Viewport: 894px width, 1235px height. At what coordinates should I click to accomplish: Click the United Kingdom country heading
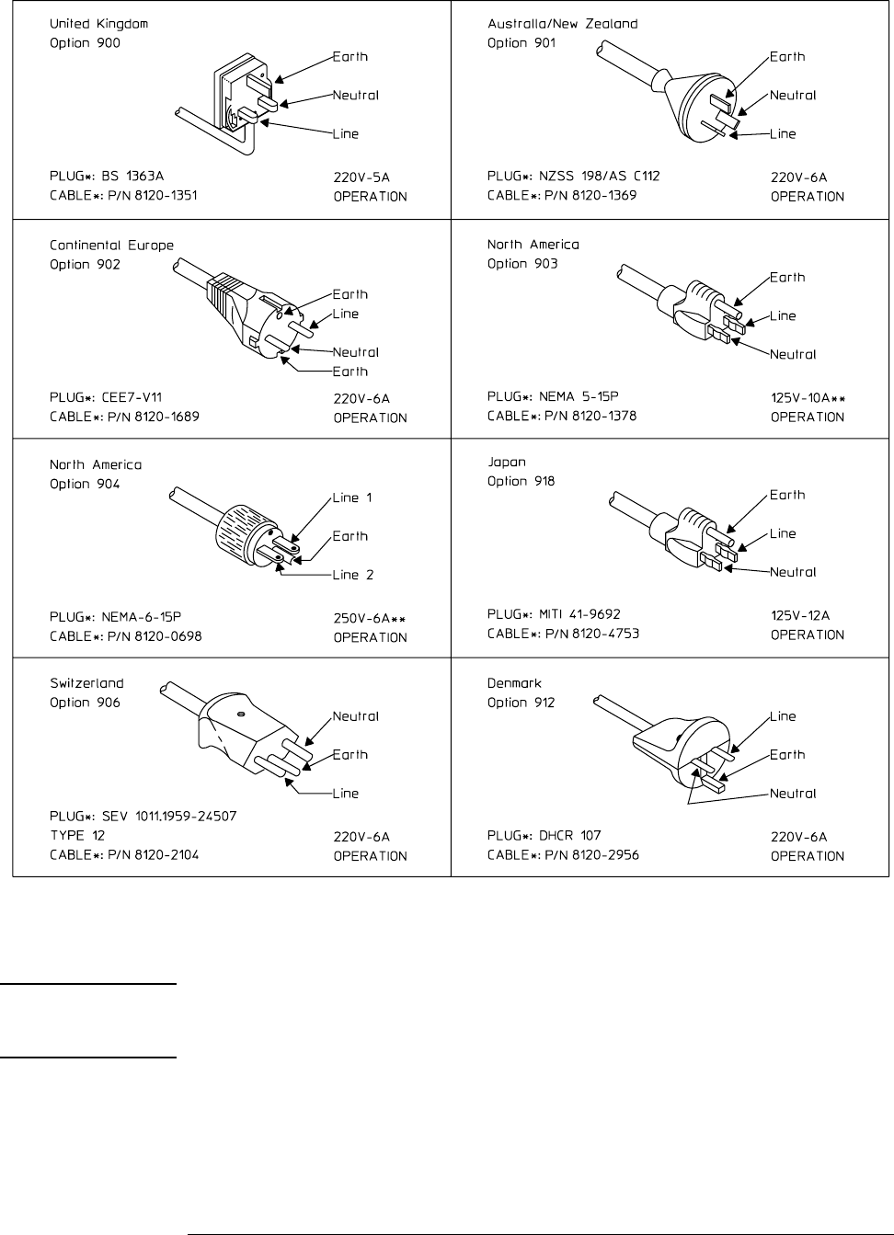[98, 23]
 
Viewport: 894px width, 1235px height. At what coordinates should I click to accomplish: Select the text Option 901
[521, 42]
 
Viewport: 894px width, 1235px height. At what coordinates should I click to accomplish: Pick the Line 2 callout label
[353, 575]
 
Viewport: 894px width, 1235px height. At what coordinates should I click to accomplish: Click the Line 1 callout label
[353, 497]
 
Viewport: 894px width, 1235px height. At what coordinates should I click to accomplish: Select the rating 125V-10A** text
[808, 398]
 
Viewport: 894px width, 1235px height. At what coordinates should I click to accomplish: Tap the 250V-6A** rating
[370, 619]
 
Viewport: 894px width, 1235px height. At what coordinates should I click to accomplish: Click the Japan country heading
[507, 462]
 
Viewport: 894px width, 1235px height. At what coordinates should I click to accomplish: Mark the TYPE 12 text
[77, 835]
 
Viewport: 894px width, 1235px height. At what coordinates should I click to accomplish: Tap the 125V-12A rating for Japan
[800, 614]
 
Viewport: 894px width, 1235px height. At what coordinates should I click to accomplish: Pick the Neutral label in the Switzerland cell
[356, 716]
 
